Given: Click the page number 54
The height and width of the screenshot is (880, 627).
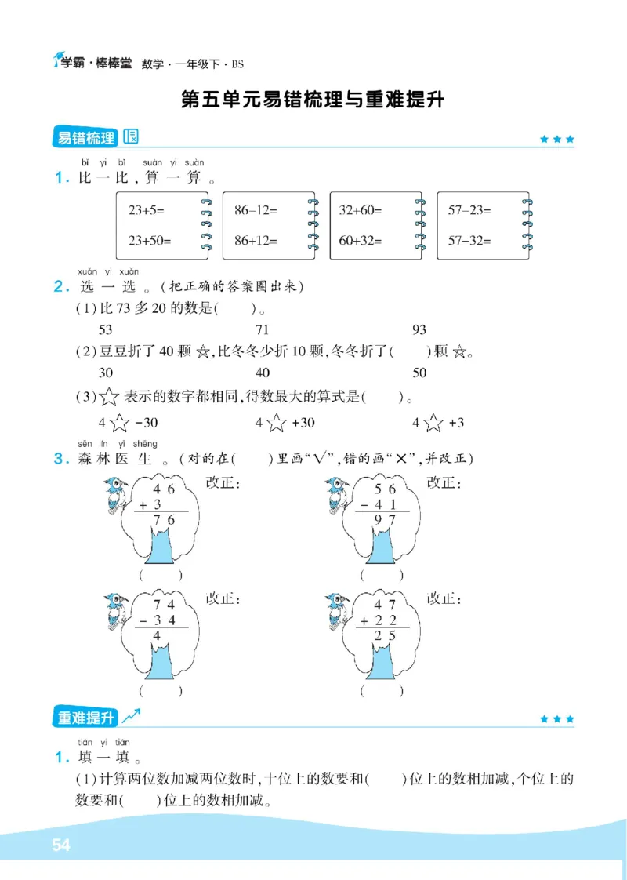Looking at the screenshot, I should click(61, 845).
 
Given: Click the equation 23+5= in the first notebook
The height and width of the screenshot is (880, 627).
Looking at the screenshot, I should click(147, 210).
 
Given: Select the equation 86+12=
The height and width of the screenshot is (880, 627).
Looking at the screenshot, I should click(256, 241).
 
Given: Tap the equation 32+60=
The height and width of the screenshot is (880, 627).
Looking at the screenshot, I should click(361, 210).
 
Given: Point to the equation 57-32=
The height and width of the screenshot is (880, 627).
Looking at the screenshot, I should click(469, 241).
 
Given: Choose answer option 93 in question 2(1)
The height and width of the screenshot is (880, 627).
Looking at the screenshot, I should click(419, 330).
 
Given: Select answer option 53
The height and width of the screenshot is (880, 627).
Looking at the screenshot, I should click(106, 330).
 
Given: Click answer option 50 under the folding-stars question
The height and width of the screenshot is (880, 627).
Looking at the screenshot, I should click(419, 373).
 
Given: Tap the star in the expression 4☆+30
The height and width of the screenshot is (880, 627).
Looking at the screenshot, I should click(276, 424).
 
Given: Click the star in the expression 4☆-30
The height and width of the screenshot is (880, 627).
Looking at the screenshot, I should click(119, 424).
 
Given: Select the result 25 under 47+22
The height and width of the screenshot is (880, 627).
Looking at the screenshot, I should click(383, 635).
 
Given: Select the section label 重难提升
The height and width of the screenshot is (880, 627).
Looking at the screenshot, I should click(85, 717).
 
